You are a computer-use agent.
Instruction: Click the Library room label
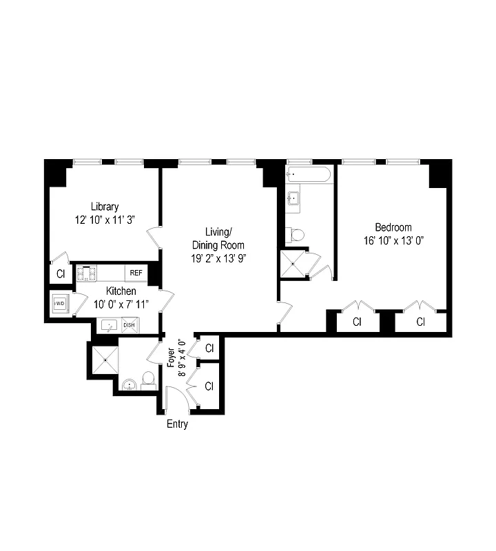pyautogui.click(x=105, y=206)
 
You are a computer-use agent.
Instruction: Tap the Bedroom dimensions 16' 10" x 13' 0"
pyautogui.click(x=393, y=240)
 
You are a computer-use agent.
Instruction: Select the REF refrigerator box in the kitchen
pyautogui.click(x=136, y=273)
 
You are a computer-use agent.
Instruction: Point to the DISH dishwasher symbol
pyautogui.click(x=129, y=325)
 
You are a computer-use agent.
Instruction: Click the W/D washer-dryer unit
pyautogui.click(x=60, y=303)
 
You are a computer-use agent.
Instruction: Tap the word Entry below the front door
pyautogui.click(x=177, y=424)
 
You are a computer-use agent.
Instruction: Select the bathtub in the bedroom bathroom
pyautogui.click(x=309, y=175)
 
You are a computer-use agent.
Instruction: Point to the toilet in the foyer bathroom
pyautogui.click(x=147, y=378)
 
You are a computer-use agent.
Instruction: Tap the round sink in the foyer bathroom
pyautogui.click(x=129, y=384)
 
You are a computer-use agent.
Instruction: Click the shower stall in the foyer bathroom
pyautogui.click(x=105, y=357)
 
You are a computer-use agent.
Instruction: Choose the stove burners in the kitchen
pyautogui.click(x=87, y=273)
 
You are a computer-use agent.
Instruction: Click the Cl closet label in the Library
pyautogui.click(x=61, y=273)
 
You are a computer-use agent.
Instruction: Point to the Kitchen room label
pyautogui.click(x=121, y=291)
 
